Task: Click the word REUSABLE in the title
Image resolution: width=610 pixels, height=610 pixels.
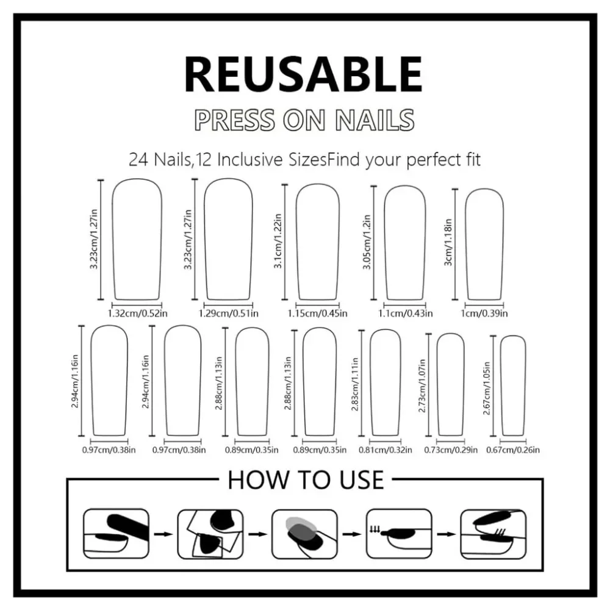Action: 303,74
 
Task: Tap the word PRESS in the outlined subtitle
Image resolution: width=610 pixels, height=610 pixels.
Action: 234,120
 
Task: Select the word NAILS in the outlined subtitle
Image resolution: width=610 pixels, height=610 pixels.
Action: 375,120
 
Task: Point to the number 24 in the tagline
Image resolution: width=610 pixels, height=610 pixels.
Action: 138,160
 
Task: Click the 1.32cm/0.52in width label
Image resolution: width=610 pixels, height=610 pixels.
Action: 137,314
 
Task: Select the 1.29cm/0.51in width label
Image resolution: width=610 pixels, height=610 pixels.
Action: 228,314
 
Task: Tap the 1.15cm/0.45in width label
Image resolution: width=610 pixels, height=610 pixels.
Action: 317,314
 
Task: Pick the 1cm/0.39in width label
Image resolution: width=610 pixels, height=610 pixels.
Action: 484,314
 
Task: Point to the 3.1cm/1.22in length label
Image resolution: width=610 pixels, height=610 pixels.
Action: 278,241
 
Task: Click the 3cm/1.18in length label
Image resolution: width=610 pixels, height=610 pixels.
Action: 448,242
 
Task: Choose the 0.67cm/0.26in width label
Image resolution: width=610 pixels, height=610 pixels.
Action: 513,450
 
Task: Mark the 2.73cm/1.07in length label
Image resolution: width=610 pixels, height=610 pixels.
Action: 422,386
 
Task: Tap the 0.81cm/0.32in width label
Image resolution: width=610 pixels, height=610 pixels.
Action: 385,450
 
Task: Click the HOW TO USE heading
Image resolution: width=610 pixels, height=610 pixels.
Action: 306,479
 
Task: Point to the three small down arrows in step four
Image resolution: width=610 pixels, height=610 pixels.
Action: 375,529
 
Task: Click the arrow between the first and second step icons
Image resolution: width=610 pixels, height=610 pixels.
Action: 163,534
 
